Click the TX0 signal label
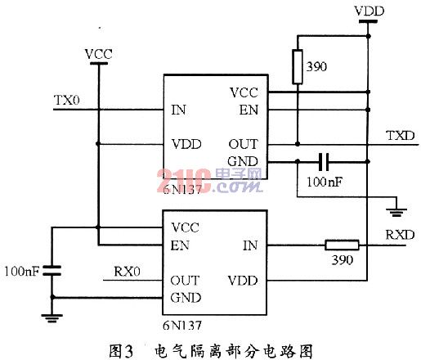[x=67, y=100]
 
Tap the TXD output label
[x=401, y=136]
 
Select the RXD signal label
[x=400, y=235]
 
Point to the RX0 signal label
[x=127, y=272]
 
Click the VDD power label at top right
[x=369, y=11]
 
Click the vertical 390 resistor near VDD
[x=298, y=67]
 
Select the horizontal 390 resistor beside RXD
[x=342, y=245]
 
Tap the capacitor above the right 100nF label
[x=324, y=162]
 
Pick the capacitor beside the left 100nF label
[x=52, y=270]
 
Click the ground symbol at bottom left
[x=52, y=318]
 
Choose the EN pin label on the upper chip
[x=249, y=110]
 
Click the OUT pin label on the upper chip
[x=243, y=144]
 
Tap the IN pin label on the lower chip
[x=250, y=245]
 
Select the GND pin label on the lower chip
[x=186, y=298]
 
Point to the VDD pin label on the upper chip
[x=186, y=144]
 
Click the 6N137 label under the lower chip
[x=182, y=326]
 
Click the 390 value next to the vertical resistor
[x=316, y=67]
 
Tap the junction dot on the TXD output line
[x=298, y=144]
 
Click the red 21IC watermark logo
[x=184, y=181]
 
